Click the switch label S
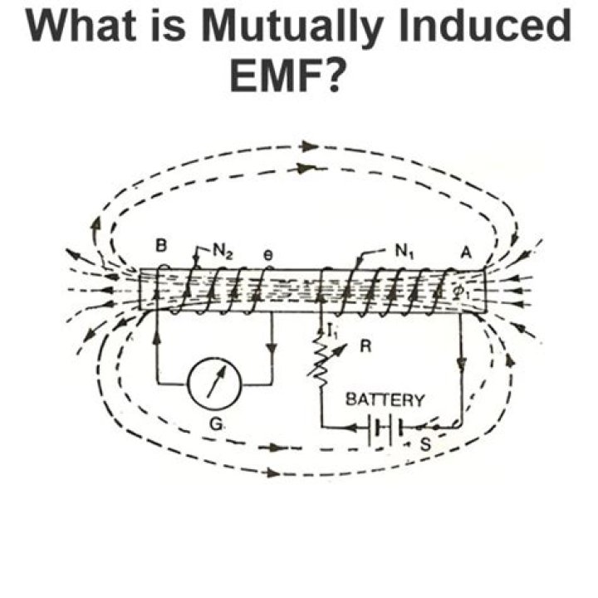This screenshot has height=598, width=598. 424,444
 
